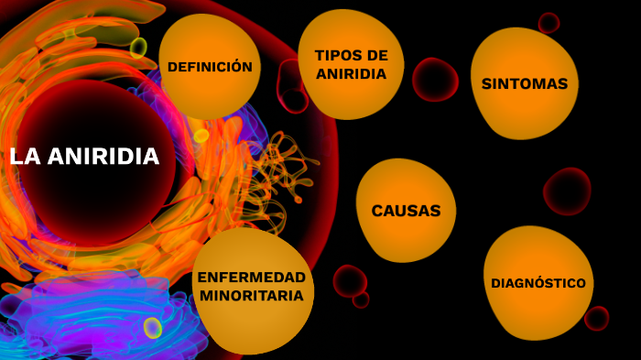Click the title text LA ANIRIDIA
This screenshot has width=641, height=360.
(x=84, y=157)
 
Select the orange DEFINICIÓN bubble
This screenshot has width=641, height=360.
(x=210, y=67)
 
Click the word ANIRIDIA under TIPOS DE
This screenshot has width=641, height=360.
(x=352, y=74)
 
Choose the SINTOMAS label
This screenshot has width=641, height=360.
(x=525, y=83)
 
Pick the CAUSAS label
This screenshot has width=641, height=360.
(x=406, y=211)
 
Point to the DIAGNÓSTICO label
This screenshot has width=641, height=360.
(x=538, y=283)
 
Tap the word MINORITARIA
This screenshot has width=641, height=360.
(x=252, y=296)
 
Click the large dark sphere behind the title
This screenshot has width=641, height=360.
(x=92, y=197)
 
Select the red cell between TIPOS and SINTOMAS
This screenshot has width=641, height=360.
(x=435, y=80)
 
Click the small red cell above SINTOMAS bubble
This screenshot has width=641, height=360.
(x=549, y=23)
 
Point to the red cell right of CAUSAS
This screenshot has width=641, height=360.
(x=567, y=191)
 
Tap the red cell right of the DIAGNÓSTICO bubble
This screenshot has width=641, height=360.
(x=597, y=318)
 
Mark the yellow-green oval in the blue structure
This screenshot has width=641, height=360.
(x=153, y=328)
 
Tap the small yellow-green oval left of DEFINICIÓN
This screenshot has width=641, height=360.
(x=138, y=47)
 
